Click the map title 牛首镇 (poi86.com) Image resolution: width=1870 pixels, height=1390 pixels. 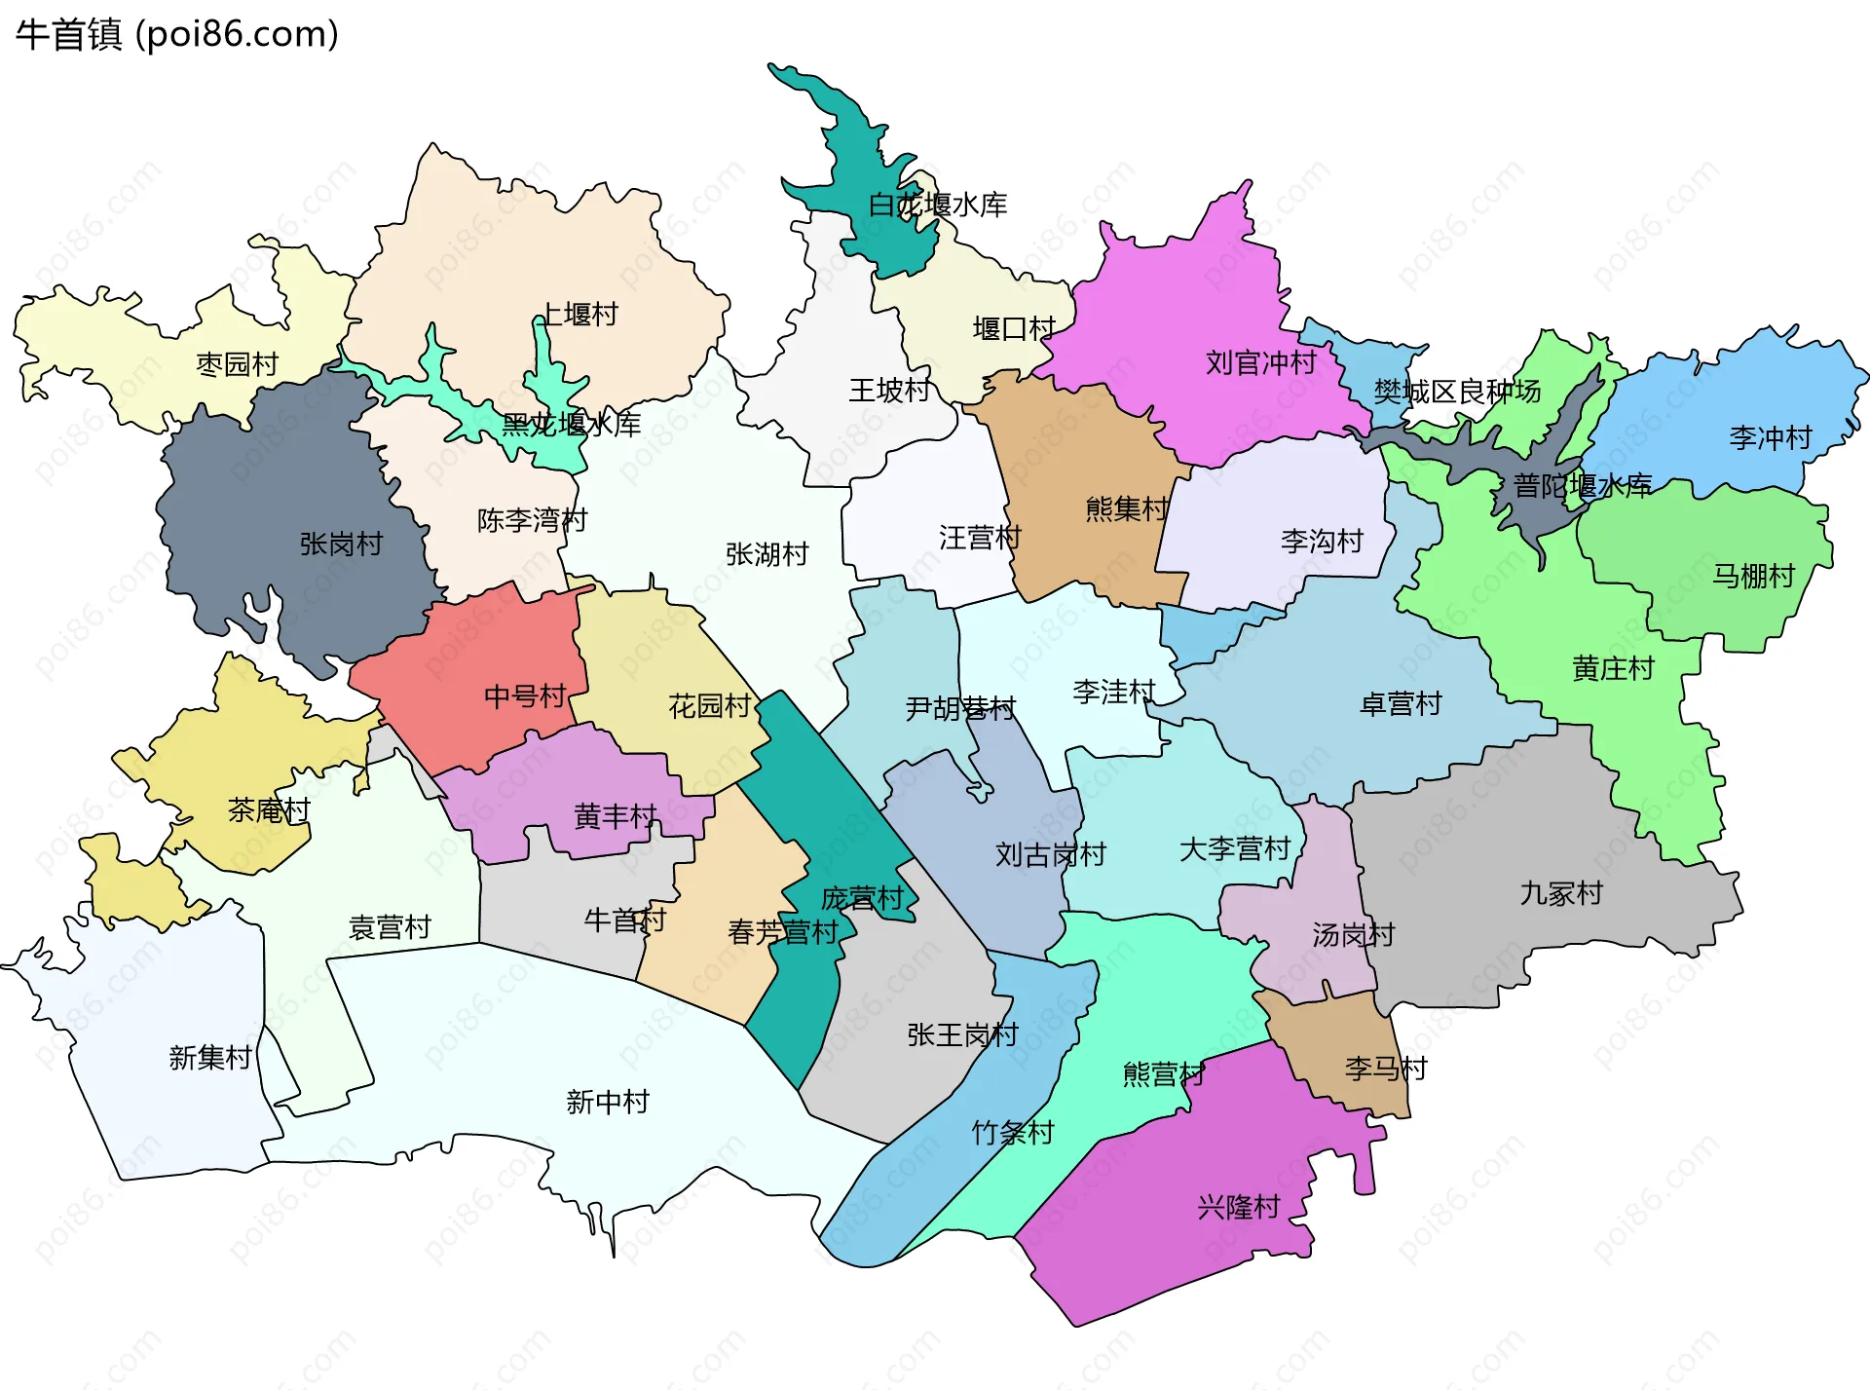[x=177, y=35]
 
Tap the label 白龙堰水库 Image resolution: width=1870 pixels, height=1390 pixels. [x=937, y=206]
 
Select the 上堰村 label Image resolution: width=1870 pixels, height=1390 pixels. [x=580, y=315]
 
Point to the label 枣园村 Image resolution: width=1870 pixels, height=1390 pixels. [x=238, y=364]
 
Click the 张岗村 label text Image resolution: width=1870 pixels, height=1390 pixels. [x=341, y=544]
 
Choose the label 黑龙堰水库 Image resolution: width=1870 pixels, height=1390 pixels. [x=572, y=425]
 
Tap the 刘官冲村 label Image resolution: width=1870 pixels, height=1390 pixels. [x=1260, y=363]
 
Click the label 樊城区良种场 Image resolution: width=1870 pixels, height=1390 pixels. [x=1457, y=392]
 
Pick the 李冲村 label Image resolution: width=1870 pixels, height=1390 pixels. [x=1770, y=438]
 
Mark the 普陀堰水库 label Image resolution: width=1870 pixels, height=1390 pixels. [x=1582, y=486]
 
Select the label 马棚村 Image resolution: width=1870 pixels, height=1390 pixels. [x=1753, y=577]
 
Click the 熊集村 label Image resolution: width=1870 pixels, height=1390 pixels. [x=1127, y=508]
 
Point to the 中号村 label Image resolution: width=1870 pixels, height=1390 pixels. [x=525, y=696]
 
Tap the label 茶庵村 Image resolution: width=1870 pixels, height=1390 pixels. [x=269, y=810]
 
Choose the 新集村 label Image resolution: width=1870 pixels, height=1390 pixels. [x=210, y=1058]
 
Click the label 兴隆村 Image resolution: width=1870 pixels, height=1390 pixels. [x=1238, y=1208]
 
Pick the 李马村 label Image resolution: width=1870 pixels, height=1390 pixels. [x=1385, y=1070]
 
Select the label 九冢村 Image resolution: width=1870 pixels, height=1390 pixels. [x=1560, y=894]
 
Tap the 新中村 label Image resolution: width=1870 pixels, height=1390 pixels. [x=608, y=1103]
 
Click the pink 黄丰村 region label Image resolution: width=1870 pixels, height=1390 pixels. [x=616, y=816]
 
